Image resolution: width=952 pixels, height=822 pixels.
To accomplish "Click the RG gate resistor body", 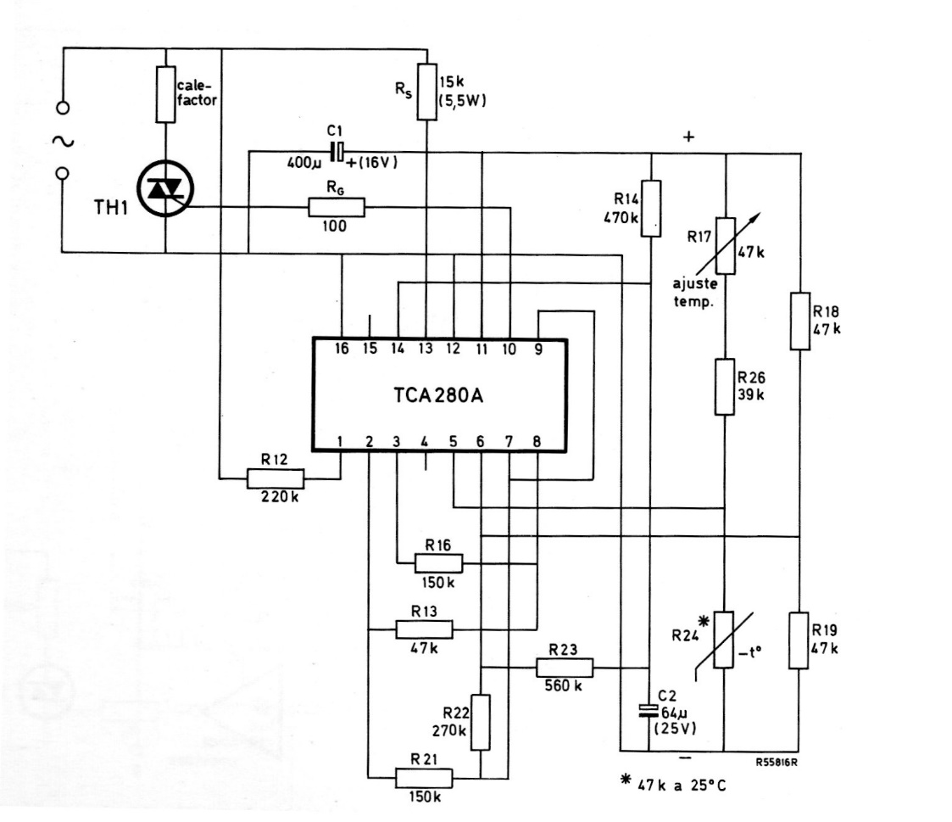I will coord(336,207).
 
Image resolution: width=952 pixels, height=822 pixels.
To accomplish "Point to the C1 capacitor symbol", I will coord(337,152).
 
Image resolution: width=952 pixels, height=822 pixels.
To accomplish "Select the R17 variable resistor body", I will coord(726,246).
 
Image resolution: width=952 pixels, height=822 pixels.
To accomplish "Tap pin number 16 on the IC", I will coord(342,349).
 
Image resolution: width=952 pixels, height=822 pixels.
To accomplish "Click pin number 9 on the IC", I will coord(538,349).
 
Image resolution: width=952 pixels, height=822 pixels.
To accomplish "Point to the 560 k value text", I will coord(563,686).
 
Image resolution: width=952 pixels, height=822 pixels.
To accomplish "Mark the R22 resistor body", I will coord(481,722).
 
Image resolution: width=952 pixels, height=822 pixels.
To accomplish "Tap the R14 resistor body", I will coord(650,208).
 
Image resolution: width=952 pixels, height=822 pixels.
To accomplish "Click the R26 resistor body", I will coord(724,387).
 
